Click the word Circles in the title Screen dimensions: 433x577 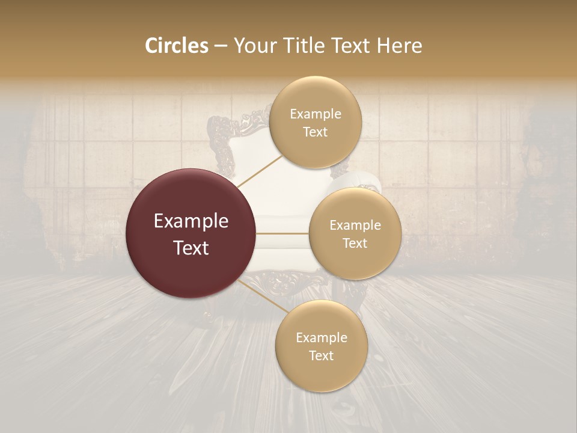pyautogui.click(x=177, y=46)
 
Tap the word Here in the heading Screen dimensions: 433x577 pyautogui.click(x=399, y=46)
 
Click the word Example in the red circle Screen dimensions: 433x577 pyautogui.click(x=191, y=221)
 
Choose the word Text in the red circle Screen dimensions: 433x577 pyautogui.click(x=191, y=247)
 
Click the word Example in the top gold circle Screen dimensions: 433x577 pyautogui.click(x=316, y=114)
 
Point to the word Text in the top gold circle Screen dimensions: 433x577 pyautogui.click(x=315, y=132)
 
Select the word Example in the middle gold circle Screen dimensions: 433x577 pyautogui.click(x=355, y=225)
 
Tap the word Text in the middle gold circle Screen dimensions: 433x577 pyautogui.click(x=355, y=243)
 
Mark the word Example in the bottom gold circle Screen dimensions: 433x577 pyautogui.click(x=322, y=337)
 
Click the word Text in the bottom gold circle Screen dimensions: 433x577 pyautogui.click(x=321, y=355)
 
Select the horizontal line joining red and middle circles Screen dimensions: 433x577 pyautogui.click(x=282, y=233)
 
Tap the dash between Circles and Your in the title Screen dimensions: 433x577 pyautogui.click(x=220, y=46)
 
